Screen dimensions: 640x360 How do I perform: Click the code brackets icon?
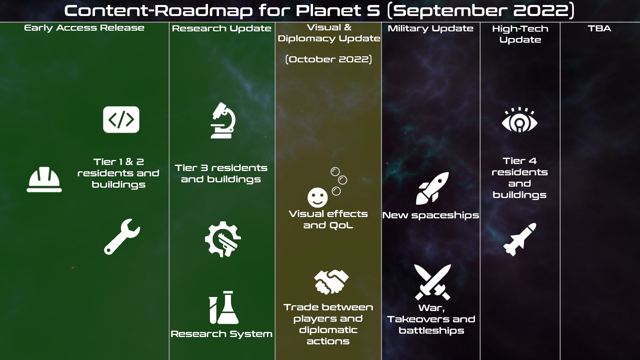coord(121,120)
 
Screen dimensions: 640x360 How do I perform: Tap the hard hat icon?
coord(44,179)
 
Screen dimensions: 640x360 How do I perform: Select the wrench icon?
coord(122,237)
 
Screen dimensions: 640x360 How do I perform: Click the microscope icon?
coord(223,120)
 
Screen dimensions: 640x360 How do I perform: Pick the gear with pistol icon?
coord(223,239)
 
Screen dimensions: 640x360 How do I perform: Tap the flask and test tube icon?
coord(224,307)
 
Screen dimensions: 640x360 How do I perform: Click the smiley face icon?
coord(318,197)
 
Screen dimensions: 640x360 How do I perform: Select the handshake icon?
coord(331,282)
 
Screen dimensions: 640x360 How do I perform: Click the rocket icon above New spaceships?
coord(432,188)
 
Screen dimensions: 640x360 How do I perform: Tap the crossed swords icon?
coord(432,282)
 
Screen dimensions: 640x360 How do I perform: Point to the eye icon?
coord(520,120)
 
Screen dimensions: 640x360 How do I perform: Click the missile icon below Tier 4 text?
coord(520,239)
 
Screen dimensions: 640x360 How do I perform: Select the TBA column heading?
coord(599,28)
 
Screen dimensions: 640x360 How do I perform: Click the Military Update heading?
coord(430,29)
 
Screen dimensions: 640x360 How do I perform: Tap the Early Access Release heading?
coord(84,28)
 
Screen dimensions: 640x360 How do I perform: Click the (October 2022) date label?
coord(329,59)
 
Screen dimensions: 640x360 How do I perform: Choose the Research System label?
coord(222,334)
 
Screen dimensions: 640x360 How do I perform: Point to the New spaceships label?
coord(431,215)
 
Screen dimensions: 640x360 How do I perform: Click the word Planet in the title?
coord(329,11)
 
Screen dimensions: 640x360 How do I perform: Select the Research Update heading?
coord(222,29)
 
